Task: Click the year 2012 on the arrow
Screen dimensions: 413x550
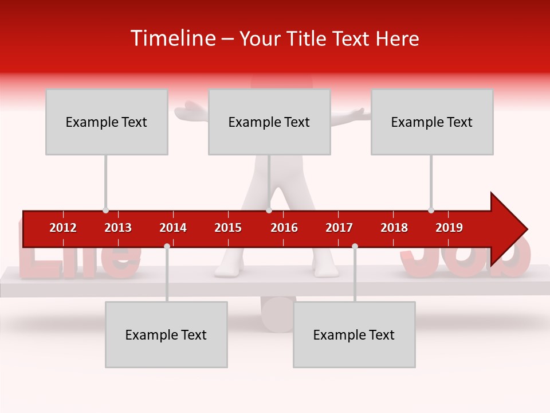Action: (63, 228)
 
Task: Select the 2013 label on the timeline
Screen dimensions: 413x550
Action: (118, 228)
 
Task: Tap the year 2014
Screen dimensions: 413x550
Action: (173, 228)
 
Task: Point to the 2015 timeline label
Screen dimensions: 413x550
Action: (228, 228)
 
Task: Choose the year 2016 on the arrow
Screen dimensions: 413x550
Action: (284, 228)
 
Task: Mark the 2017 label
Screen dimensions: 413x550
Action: (339, 228)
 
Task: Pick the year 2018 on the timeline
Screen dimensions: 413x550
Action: (394, 228)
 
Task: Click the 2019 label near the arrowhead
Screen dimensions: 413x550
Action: (449, 228)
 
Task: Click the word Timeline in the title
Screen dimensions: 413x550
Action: (172, 38)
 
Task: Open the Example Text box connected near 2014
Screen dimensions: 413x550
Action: (166, 334)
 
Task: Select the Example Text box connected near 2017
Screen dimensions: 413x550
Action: (354, 334)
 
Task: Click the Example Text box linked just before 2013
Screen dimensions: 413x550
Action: (107, 122)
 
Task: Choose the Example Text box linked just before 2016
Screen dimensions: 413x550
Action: (269, 122)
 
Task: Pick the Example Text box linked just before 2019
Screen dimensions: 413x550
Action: (432, 122)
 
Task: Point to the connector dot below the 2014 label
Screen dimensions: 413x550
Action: (167, 246)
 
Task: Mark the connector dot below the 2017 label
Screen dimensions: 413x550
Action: (355, 246)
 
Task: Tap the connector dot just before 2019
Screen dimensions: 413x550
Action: (431, 210)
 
